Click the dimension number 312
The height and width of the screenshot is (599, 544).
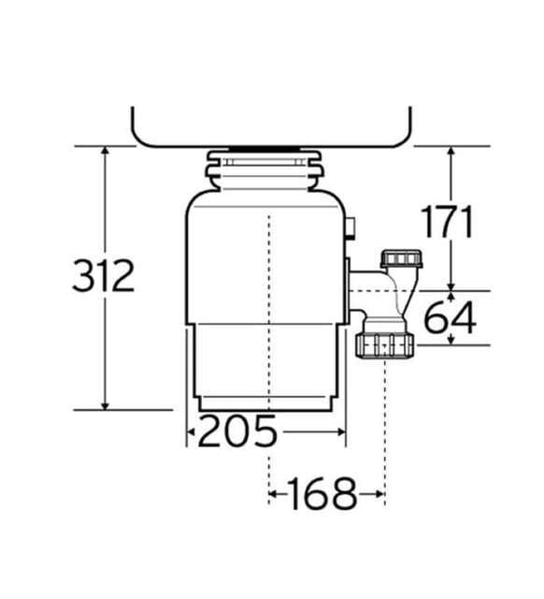point(104,275)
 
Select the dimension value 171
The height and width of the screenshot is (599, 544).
point(447,222)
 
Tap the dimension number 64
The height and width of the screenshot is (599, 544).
point(451,317)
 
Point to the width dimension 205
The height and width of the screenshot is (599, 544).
point(237,431)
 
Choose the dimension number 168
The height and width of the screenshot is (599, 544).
point(322,493)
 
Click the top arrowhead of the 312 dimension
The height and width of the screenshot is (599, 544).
point(106,150)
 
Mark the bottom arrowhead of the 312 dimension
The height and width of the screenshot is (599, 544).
point(106,405)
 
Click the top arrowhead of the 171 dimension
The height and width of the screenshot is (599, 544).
point(451,151)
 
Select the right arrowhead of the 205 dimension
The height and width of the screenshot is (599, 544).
point(341,432)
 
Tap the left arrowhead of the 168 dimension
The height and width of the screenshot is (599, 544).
point(273,494)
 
